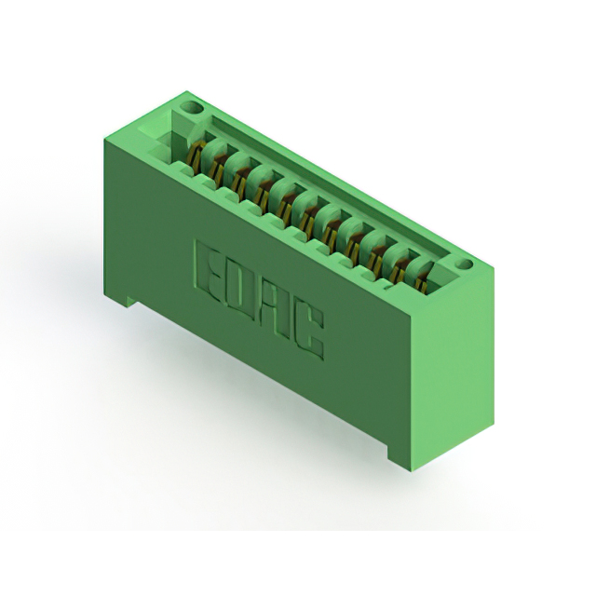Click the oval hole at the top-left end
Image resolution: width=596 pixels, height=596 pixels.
click(x=192, y=108)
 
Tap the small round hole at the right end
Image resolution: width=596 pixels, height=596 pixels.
click(x=465, y=264)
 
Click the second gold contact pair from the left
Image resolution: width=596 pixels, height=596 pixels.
click(x=218, y=168)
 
